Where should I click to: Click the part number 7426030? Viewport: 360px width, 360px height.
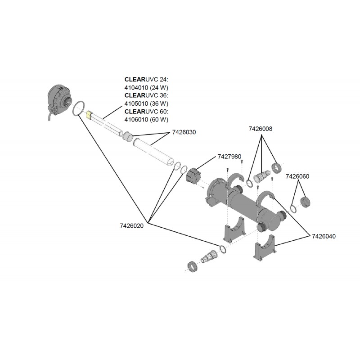pos(184,133)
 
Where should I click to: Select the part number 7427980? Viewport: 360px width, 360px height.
pos(229,157)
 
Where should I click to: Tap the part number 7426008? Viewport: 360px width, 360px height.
pos(261,129)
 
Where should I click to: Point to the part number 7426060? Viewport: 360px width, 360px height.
pos(297,176)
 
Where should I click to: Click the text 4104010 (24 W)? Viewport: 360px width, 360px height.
pos(146,87)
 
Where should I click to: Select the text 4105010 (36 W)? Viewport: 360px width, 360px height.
pos(146,103)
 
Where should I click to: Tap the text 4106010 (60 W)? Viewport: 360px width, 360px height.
pos(146,120)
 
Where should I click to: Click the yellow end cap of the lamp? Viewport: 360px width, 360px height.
pos(89,115)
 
